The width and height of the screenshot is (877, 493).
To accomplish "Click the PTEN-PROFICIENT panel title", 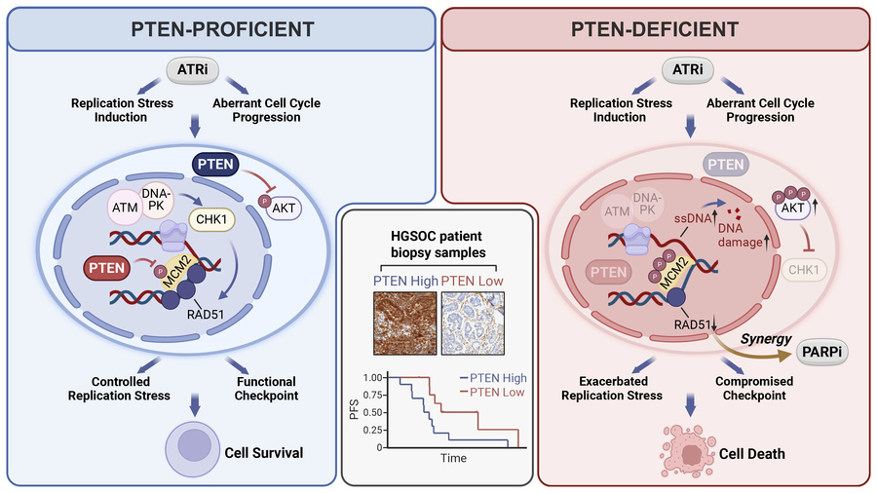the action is (222, 29).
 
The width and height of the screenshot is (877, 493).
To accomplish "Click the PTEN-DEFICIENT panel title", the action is (655, 29).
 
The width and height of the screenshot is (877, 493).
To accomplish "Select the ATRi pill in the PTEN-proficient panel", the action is (192, 70).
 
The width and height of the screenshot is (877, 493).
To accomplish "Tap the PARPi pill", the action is (821, 352).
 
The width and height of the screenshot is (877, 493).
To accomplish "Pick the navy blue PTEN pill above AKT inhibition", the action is (215, 165).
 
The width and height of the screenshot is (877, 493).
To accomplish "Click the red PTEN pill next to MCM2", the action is (107, 268).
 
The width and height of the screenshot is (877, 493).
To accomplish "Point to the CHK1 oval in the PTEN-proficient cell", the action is (211, 219).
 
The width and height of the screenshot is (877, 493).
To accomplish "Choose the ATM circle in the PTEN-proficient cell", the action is (125, 208).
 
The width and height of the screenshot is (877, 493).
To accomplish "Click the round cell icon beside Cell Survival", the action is (192, 449).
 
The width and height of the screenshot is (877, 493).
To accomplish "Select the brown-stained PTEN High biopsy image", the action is (405, 323).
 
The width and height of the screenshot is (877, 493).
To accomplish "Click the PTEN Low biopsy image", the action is (473, 323).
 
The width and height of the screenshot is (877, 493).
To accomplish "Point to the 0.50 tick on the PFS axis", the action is (373, 412).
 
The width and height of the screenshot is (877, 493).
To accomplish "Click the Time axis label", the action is (453, 458).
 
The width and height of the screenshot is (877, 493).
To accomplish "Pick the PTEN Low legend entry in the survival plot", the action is (492, 393).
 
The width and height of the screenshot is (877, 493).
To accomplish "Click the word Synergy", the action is (766, 339).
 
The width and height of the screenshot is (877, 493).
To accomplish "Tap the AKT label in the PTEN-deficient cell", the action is (792, 208).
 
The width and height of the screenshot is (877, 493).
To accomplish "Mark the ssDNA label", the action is (693, 218).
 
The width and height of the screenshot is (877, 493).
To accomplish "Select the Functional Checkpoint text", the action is (266, 389).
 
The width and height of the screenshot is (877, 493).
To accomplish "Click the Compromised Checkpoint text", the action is (754, 388).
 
